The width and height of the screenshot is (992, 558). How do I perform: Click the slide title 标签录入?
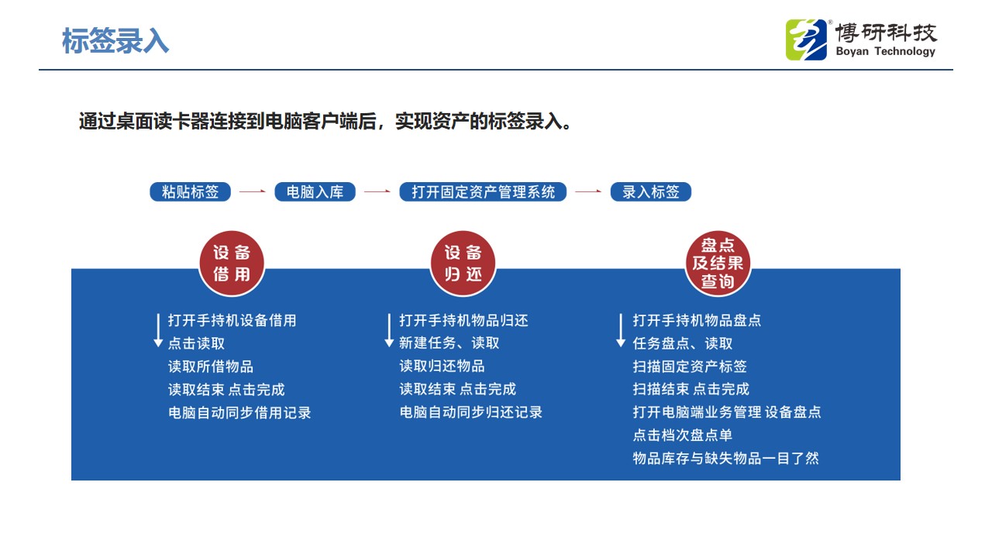(115, 41)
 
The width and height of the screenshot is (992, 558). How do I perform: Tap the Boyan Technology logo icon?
(806, 40)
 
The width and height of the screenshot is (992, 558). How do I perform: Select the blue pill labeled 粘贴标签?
(190, 191)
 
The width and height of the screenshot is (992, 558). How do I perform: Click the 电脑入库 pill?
(315, 191)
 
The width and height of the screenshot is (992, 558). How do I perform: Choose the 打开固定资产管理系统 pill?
(483, 191)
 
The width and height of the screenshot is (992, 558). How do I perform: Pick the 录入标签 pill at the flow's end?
(650, 191)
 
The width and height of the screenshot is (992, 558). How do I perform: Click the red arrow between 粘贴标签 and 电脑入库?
(253, 191)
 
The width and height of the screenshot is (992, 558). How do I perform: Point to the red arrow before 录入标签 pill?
(588, 191)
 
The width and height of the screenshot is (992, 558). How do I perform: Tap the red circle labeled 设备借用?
(232, 263)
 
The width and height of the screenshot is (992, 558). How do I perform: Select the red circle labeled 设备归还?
(463, 263)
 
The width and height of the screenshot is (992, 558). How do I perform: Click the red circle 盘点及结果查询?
(718, 263)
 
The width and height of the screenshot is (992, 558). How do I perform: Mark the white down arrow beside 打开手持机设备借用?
(158, 330)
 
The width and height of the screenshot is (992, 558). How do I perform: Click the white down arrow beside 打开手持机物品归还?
(389, 330)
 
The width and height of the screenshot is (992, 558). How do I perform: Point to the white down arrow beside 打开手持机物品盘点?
(621, 330)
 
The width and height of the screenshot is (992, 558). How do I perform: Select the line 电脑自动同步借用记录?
(239, 413)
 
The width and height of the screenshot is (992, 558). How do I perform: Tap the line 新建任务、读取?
(449, 343)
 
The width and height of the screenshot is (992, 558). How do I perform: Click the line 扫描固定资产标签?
(690, 367)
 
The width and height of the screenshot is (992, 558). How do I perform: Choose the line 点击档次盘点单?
(683, 435)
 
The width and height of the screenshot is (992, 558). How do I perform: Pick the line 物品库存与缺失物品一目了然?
(726, 458)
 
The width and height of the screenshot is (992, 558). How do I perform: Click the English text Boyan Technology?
(885, 51)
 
